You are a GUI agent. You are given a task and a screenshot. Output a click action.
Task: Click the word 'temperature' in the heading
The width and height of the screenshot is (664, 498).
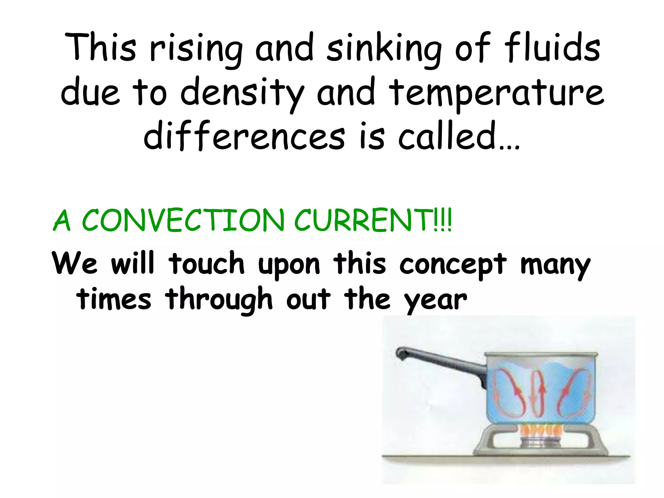click(x=496, y=94)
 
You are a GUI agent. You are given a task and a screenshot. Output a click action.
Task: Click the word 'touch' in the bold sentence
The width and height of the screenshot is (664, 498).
click(x=207, y=263)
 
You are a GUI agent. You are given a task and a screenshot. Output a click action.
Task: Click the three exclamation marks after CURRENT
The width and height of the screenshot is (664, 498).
click(x=442, y=220)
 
